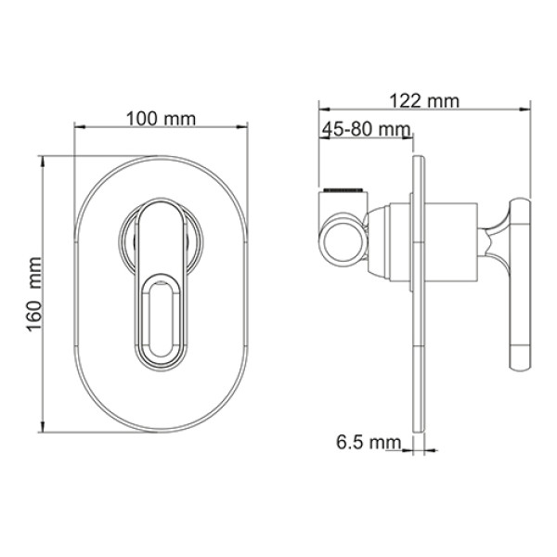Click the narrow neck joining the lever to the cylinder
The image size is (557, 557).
click(x=493, y=243)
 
